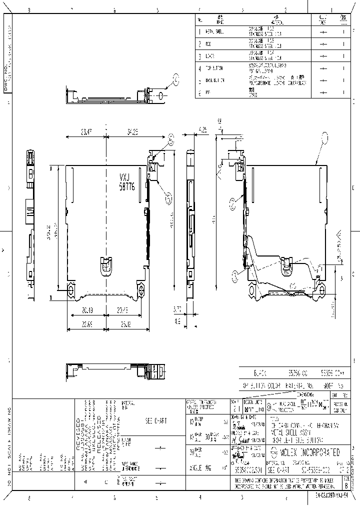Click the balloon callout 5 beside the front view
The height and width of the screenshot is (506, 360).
(169, 199)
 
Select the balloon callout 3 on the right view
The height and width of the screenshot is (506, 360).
(235, 273)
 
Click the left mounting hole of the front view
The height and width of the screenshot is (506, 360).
(70, 289)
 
